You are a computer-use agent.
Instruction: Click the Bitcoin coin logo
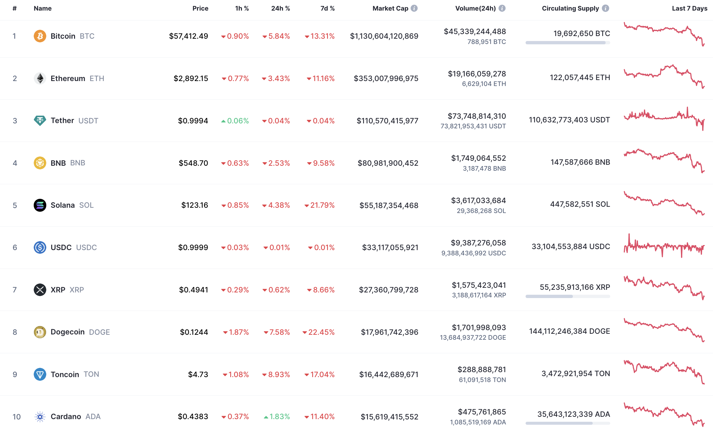point(40,36)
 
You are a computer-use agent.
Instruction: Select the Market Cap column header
point(390,8)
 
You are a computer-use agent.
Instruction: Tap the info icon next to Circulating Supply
point(605,8)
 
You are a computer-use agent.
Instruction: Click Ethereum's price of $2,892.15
point(191,78)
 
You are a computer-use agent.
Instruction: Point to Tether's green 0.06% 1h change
point(235,121)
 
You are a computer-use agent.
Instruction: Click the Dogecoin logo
point(40,332)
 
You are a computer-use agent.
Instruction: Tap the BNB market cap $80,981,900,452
point(388,163)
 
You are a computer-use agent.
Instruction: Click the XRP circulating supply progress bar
point(567,296)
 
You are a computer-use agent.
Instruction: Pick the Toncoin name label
point(65,374)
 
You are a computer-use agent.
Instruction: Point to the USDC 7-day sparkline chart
point(664,247)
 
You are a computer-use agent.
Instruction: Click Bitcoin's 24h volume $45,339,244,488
point(475,31)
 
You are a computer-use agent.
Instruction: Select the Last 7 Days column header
point(689,8)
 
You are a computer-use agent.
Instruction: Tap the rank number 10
point(17,417)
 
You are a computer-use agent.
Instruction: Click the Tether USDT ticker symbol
point(88,121)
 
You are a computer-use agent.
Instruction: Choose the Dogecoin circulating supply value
point(569,331)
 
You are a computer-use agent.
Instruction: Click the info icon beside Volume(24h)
point(502,8)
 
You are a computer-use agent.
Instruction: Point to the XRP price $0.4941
point(193,290)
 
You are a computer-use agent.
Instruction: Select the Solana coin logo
point(40,205)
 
